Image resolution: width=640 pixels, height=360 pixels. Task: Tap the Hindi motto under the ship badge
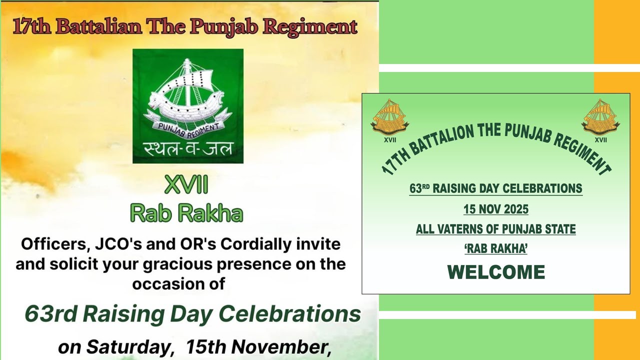(187, 148)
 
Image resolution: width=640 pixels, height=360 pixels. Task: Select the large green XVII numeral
(186, 186)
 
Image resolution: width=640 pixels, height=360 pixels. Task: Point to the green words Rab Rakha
(186, 213)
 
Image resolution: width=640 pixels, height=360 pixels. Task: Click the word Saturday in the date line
(129, 346)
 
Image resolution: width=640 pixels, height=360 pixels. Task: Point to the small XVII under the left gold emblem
(389, 140)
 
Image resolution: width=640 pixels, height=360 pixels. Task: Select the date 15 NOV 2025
(495, 209)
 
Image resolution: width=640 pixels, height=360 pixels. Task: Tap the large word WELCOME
(495, 272)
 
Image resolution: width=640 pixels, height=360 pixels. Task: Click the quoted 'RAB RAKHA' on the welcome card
(495, 249)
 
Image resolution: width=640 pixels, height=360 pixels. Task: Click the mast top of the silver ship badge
(187, 61)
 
